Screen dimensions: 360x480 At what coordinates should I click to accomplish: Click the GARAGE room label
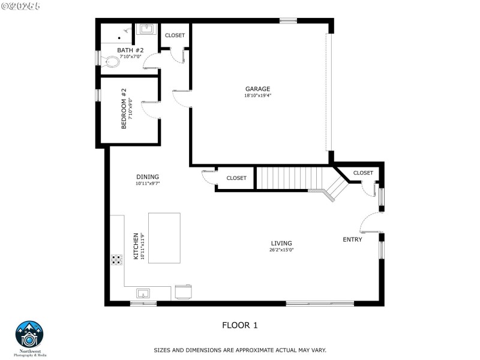(257, 89)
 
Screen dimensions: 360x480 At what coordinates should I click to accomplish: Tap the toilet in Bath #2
(111, 61)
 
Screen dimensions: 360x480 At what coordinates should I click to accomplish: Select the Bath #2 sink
(146, 29)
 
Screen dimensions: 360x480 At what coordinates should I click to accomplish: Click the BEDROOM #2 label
(124, 109)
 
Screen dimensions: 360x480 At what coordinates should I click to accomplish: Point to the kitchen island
(164, 238)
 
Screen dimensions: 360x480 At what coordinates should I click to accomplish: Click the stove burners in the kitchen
(116, 260)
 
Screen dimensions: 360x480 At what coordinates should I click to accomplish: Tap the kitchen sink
(143, 293)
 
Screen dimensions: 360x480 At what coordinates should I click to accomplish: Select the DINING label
(147, 176)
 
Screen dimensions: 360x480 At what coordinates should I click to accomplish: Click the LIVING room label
(281, 243)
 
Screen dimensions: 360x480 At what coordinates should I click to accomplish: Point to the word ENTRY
(352, 239)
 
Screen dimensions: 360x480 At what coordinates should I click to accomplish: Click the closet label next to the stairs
(236, 178)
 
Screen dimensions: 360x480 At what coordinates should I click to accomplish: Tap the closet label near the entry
(363, 173)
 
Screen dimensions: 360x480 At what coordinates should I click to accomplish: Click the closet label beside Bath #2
(175, 35)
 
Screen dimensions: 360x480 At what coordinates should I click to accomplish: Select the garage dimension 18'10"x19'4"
(257, 95)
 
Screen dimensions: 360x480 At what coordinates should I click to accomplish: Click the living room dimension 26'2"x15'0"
(281, 250)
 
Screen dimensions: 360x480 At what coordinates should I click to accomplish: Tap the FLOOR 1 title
(239, 325)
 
